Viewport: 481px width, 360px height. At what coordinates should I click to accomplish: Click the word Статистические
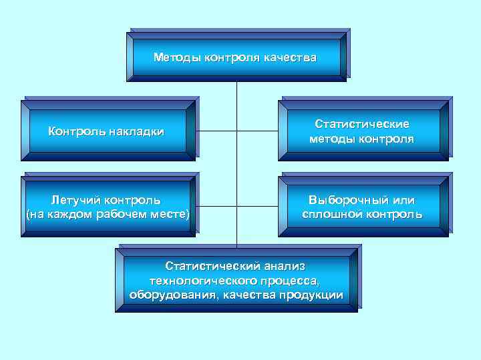click(x=361, y=125)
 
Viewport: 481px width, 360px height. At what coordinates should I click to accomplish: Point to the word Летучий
click(x=74, y=199)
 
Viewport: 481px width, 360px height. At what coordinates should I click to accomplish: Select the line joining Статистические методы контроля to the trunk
click(x=257, y=131)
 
